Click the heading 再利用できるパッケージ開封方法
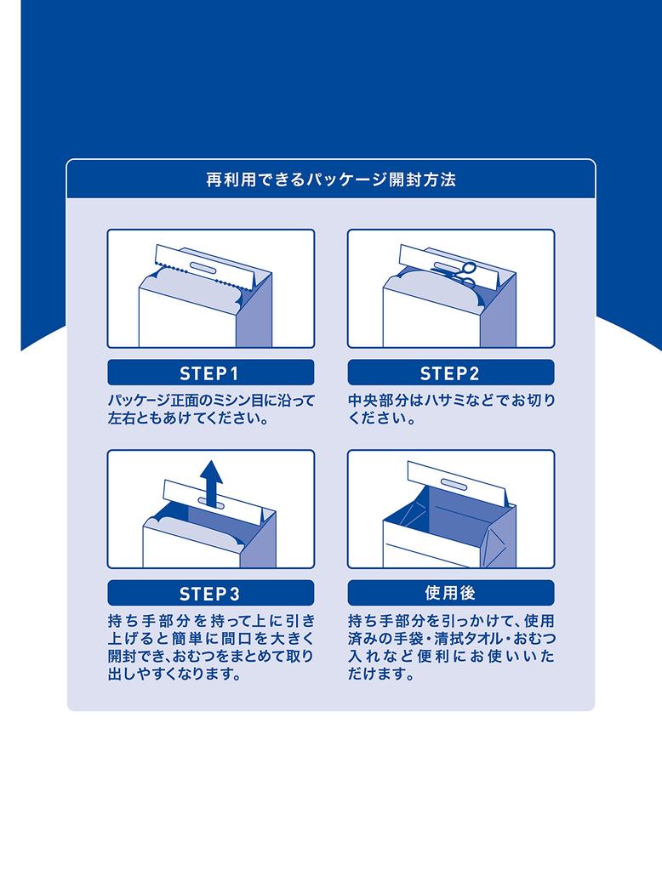click(331, 180)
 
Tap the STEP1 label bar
click(211, 373)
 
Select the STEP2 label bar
click(451, 373)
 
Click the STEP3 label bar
click(211, 593)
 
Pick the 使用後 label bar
click(451, 593)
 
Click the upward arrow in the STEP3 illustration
click(211, 482)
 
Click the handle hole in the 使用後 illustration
click(454, 483)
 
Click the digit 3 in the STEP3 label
click(235, 594)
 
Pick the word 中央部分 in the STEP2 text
click(376, 401)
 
